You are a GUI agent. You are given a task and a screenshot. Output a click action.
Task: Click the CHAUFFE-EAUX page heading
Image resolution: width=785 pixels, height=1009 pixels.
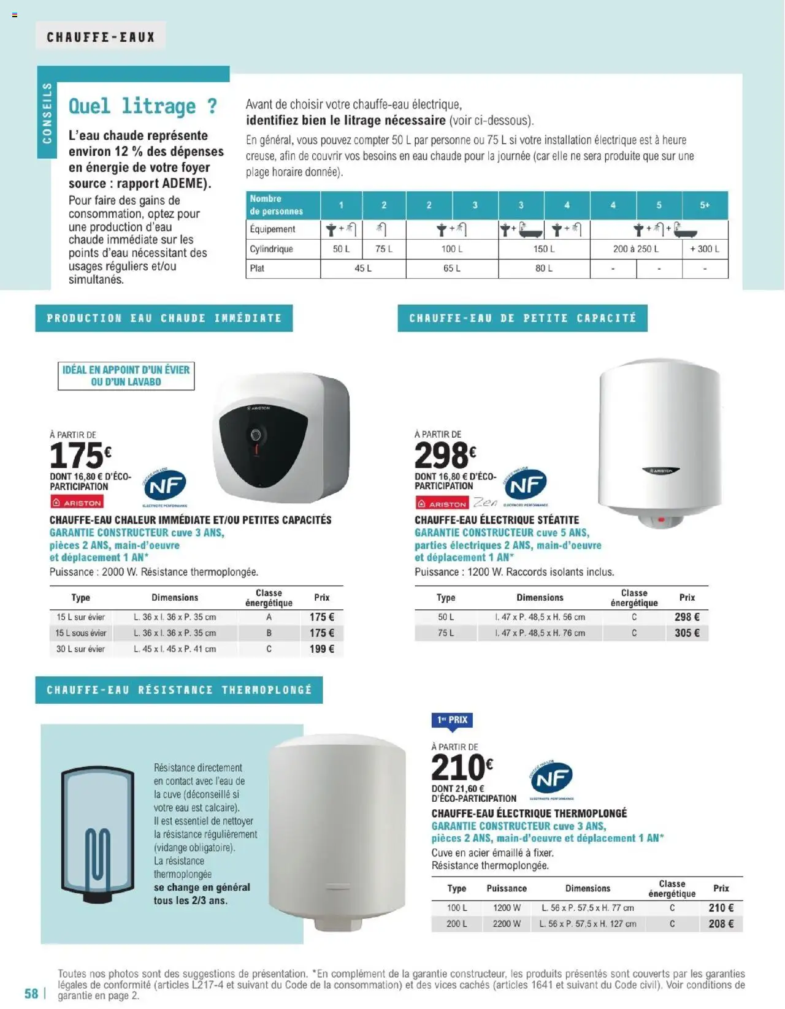coord(101,37)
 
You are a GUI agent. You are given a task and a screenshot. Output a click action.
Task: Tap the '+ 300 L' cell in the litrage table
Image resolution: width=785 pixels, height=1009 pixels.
coord(705,249)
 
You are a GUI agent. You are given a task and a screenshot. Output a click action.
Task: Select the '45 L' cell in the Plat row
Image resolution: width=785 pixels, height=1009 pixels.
coord(363,268)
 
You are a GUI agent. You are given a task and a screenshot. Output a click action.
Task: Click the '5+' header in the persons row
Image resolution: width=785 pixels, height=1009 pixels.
coord(705,205)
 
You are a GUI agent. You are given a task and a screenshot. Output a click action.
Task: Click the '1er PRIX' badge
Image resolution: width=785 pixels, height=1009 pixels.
coord(452,720)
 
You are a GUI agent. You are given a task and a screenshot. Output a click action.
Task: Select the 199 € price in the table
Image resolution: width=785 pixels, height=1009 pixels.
coord(321,649)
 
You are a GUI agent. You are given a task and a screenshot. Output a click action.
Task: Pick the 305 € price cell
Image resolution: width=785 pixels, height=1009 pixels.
coord(687,633)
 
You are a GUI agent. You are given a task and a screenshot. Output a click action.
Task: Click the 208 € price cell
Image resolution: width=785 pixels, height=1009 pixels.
coord(721,924)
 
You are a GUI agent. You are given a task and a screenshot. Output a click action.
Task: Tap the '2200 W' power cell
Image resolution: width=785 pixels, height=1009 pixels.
coord(507,924)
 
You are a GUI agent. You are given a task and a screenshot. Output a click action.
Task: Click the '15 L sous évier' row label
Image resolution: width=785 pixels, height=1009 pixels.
coord(81,633)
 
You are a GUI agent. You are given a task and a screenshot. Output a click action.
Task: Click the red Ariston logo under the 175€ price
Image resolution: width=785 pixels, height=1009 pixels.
coord(77,503)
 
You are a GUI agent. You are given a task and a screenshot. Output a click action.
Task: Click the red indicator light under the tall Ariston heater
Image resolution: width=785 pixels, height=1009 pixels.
coord(662,519)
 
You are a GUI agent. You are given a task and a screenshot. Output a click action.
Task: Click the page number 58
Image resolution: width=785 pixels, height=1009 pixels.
coord(31,994)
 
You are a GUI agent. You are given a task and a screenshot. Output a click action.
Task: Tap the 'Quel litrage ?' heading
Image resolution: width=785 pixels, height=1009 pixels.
coord(142,106)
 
